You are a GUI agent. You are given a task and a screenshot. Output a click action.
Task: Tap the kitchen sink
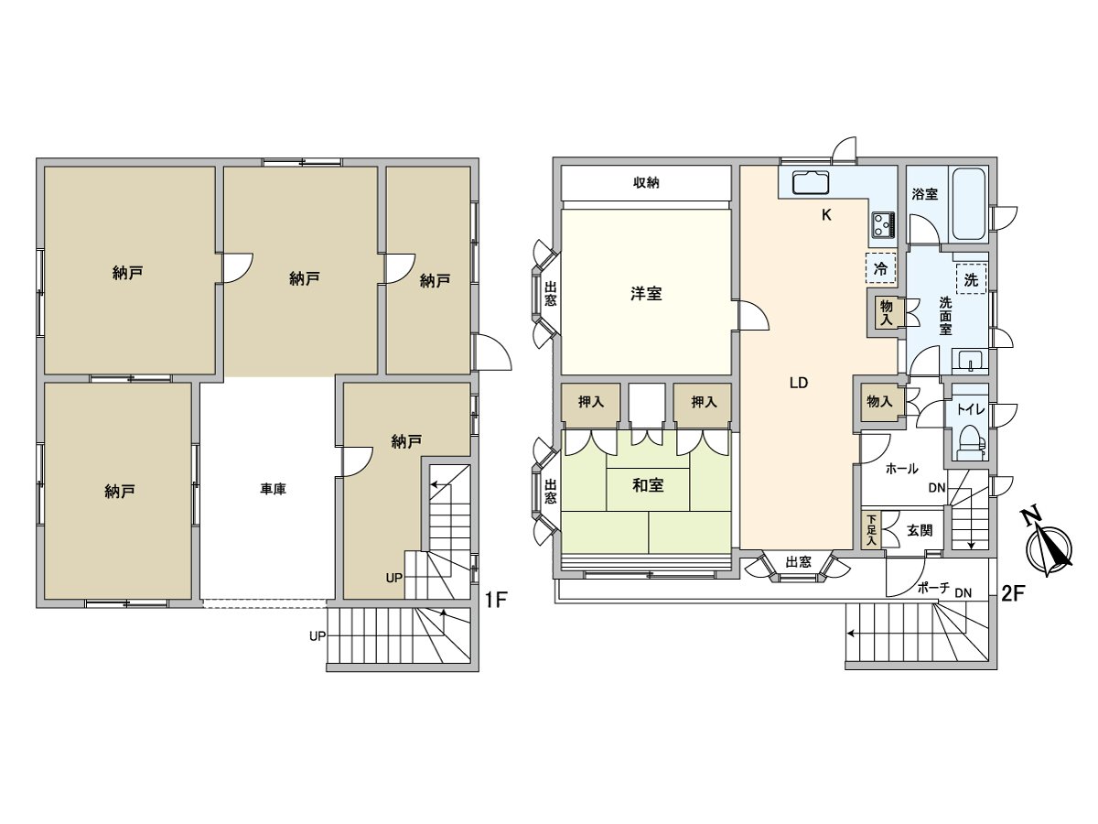(811, 182)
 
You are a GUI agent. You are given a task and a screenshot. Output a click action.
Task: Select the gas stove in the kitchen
(883, 225)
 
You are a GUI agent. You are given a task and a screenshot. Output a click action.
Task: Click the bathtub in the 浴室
(968, 204)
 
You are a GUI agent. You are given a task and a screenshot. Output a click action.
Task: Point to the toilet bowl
(970, 442)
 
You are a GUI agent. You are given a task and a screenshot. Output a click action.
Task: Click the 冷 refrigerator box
(880, 268)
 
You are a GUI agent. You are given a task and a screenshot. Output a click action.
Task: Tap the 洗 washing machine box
(971, 279)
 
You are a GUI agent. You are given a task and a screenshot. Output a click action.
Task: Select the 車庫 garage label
(273, 489)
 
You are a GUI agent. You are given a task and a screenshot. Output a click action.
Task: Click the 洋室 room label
(646, 294)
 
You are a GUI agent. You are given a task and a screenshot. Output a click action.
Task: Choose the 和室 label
(649, 485)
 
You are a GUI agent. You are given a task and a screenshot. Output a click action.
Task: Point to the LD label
(799, 383)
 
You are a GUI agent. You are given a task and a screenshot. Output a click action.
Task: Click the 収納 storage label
(646, 182)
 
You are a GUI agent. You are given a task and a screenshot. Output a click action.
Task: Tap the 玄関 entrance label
(920, 530)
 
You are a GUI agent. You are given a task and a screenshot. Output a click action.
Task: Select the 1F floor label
(497, 600)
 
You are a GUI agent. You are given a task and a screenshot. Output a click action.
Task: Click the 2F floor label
(1013, 594)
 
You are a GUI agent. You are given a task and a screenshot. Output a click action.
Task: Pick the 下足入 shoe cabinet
(872, 530)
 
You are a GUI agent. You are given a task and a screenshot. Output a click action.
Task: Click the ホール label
(902, 469)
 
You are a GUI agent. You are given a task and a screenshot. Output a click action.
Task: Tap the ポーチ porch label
(933, 589)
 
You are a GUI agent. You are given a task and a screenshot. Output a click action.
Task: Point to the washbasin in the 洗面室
(971, 360)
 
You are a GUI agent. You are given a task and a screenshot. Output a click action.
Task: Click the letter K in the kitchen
(826, 215)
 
